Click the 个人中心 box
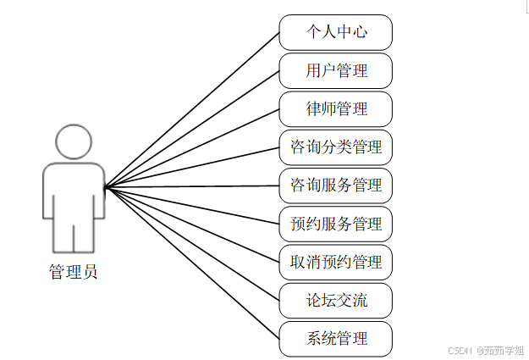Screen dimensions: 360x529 pyautogui.click(x=336, y=32)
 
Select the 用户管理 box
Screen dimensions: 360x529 pyautogui.click(x=336, y=70)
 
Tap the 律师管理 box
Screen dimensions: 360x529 pyautogui.click(x=336, y=108)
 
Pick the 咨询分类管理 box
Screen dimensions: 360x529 pyautogui.click(x=336, y=147)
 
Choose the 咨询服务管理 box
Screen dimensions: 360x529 pyautogui.click(x=336, y=185)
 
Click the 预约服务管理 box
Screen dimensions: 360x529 pyautogui.click(x=336, y=224)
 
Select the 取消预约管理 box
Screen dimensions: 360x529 pyautogui.click(x=336, y=262)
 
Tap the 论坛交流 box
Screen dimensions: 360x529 pyautogui.click(x=336, y=300)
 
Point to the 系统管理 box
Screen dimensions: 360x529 pyautogui.click(x=336, y=338)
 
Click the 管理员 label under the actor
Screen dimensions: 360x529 pyautogui.click(x=73, y=273)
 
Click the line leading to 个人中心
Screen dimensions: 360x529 pyautogui.click(x=191, y=109)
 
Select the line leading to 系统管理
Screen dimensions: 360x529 pyautogui.click(x=191, y=262)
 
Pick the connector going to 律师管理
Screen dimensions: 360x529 pyautogui.click(x=191, y=147)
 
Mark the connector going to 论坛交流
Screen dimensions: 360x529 pyautogui.click(x=191, y=243)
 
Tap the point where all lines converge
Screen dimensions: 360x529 pyautogui.click(x=104, y=186)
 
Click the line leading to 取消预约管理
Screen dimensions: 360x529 pyautogui.click(x=191, y=224)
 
